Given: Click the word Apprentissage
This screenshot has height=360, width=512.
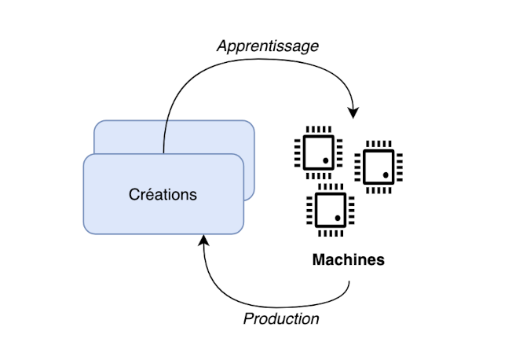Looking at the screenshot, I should click(268, 46).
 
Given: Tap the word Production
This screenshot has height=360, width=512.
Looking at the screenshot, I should click(281, 318).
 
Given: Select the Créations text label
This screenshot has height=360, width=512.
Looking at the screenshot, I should click(163, 194).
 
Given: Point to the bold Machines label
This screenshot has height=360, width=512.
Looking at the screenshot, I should click(349, 259).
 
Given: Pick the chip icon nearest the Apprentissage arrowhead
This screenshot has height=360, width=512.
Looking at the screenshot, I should click(318, 149).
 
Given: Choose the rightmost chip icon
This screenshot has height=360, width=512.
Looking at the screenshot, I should click(379, 167).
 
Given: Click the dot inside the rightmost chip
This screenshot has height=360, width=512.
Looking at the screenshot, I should click(386, 174).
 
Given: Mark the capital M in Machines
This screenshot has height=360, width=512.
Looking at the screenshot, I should click(319, 259).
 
